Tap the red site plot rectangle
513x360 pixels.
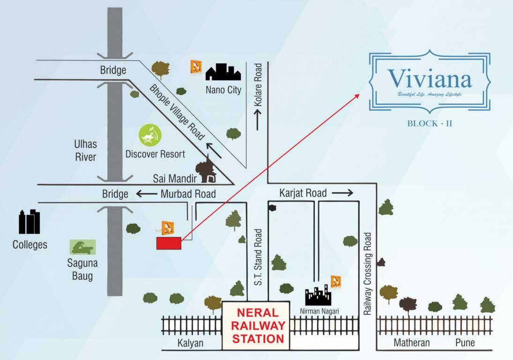coord(168,243)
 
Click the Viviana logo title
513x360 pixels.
coord(430,79)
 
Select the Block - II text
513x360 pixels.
coord(430,124)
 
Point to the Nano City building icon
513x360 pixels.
coord(223,73)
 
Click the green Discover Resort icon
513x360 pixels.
coord(150,135)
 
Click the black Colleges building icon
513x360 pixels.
coord(29,222)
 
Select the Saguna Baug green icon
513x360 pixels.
coord(82,247)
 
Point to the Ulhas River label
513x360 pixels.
coord(85,150)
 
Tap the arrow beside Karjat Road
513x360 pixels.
coord(343,193)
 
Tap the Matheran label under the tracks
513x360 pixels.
coord(411,343)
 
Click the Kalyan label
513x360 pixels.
coord(191,343)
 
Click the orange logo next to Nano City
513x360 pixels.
coord(196,67)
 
